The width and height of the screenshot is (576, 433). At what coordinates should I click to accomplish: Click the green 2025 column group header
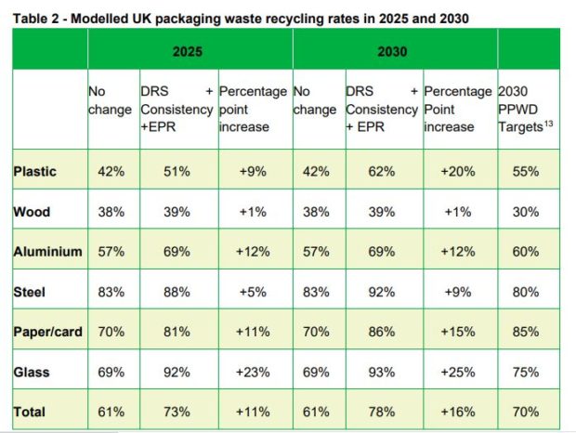point(190,51)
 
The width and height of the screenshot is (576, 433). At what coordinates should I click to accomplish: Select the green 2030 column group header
point(394,51)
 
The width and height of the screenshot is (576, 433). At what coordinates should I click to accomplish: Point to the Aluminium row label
point(47,251)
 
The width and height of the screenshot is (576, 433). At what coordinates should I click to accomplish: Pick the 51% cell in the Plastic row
point(178,171)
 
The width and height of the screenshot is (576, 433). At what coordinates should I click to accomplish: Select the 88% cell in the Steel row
point(178,292)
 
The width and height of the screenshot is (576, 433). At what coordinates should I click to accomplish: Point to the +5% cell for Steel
point(254,292)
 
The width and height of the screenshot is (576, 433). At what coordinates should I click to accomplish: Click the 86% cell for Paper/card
point(383,332)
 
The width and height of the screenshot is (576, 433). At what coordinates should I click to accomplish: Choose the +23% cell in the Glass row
point(254,372)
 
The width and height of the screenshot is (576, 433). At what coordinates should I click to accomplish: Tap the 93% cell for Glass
point(383,372)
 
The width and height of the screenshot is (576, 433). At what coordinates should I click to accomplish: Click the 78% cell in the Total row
point(383,412)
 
